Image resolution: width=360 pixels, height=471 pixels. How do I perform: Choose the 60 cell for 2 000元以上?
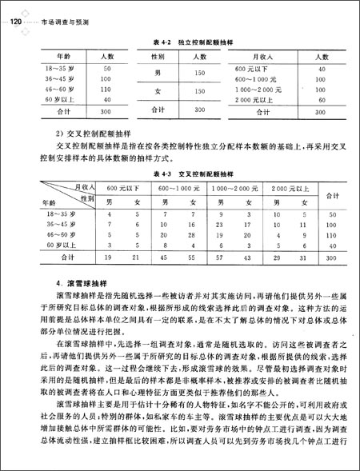coord(322,101)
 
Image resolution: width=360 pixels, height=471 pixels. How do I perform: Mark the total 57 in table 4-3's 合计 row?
coord(218,258)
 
